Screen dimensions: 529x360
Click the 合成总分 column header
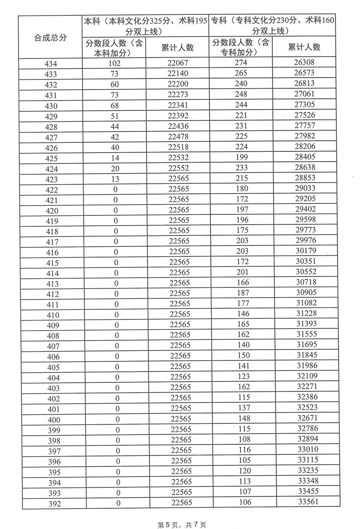(50, 37)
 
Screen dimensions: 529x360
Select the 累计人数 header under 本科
(177, 48)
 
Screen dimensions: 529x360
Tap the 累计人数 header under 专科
(304, 47)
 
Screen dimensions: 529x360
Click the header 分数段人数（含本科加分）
(114, 48)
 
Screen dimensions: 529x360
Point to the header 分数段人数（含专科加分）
(240, 47)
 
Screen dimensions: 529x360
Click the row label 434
(51, 64)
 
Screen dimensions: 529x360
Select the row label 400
(54, 420)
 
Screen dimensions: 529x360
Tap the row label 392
(55, 504)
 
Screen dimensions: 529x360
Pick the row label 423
(51, 179)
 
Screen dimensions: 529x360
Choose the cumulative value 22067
(178, 63)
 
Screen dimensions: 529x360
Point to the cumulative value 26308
(304, 62)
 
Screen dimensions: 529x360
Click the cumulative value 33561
(308, 501)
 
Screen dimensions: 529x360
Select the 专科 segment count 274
(241, 63)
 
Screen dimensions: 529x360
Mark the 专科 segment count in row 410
(243, 314)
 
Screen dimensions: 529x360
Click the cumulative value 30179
(306, 250)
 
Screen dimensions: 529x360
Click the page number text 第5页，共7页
(182, 525)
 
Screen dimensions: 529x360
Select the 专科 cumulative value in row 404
(307, 376)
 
